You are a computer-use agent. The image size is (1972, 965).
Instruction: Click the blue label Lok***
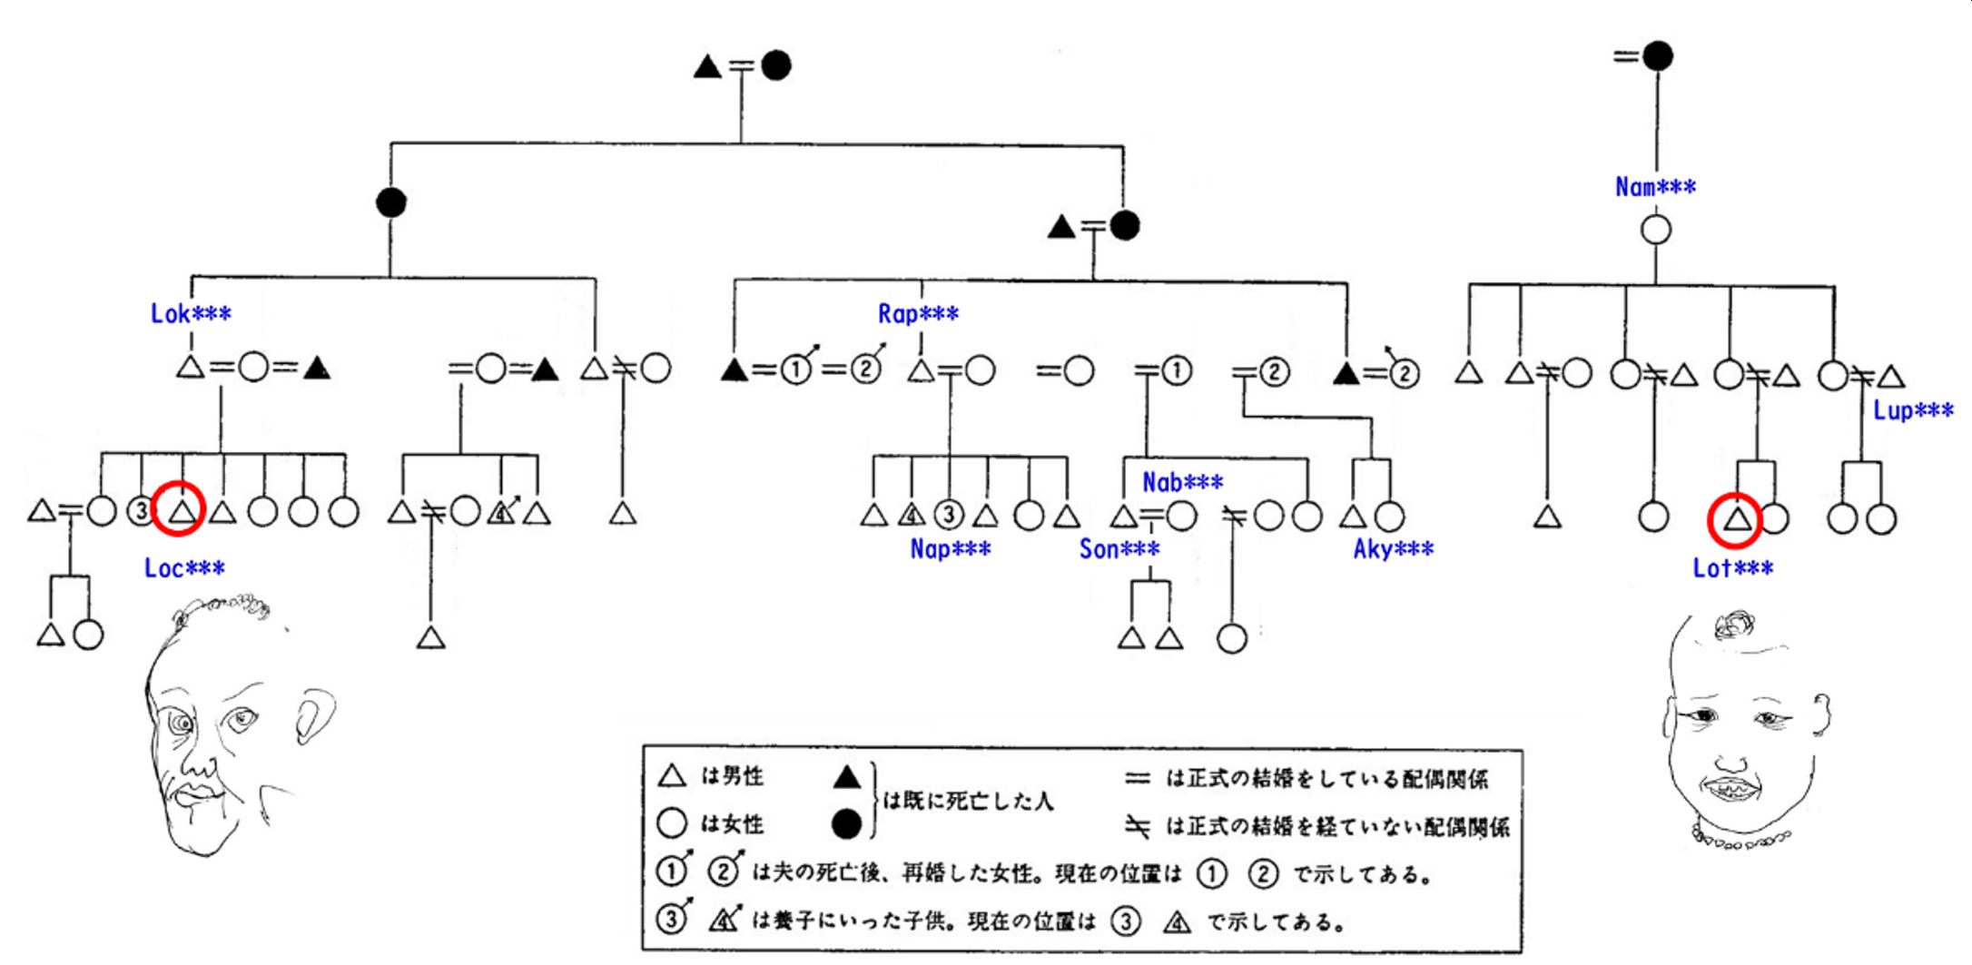(x=191, y=314)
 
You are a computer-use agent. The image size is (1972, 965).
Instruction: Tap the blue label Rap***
(x=918, y=314)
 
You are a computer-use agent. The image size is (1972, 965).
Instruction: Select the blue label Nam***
(x=1655, y=187)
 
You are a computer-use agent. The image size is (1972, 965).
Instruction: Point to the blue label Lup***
(x=1913, y=410)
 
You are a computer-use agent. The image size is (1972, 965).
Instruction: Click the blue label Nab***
(x=1182, y=482)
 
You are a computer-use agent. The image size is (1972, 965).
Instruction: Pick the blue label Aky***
(x=1393, y=549)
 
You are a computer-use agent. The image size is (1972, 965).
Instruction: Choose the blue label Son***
(x=1119, y=549)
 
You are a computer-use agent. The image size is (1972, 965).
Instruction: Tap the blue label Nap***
(x=950, y=549)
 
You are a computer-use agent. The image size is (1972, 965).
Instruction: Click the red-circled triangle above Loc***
(x=180, y=511)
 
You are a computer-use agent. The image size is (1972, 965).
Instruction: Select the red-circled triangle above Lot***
(x=1735, y=519)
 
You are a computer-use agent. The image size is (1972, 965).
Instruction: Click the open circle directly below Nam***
(x=1656, y=230)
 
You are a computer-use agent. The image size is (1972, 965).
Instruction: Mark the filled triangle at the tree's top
(x=707, y=66)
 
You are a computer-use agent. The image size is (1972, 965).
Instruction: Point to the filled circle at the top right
(x=1658, y=56)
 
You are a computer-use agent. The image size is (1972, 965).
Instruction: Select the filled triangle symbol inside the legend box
(x=846, y=777)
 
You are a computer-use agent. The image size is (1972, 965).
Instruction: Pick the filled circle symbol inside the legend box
(x=846, y=824)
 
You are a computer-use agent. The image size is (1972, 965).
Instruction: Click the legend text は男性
(x=732, y=776)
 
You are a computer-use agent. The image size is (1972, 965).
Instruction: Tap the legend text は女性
(x=732, y=824)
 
